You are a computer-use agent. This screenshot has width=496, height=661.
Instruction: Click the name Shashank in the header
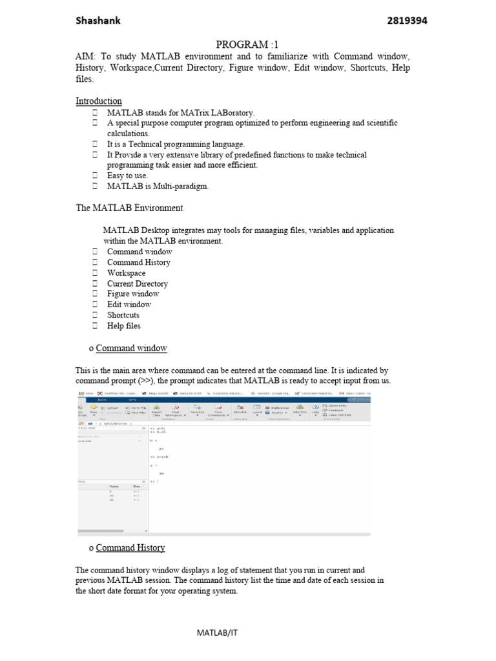click(x=98, y=21)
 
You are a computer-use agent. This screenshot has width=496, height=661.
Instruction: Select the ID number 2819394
click(x=407, y=21)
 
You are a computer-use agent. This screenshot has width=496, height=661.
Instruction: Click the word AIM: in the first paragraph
click(x=86, y=57)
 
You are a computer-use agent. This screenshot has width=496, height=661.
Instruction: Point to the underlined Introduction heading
click(x=98, y=101)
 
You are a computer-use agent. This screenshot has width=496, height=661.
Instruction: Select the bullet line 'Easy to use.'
click(x=127, y=176)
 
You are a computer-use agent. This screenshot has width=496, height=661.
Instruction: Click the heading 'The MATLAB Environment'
click(x=129, y=208)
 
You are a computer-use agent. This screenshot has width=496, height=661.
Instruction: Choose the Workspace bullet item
click(x=126, y=273)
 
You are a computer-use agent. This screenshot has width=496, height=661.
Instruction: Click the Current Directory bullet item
click(x=137, y=283)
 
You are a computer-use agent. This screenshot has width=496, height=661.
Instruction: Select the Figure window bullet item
click(x=132, y=294)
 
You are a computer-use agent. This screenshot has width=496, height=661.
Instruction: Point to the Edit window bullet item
click(x=129, y=305)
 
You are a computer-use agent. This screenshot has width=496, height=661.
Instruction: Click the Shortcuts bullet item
click(x=123, y=315)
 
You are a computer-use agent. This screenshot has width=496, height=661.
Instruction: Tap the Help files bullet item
click(x=123, y=326)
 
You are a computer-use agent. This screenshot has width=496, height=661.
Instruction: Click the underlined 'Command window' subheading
click(x=131, y=349)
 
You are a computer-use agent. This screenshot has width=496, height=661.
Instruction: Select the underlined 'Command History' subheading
click(x=130, y=548)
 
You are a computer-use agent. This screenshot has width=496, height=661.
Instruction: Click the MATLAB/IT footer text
click(x=217, y=633)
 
